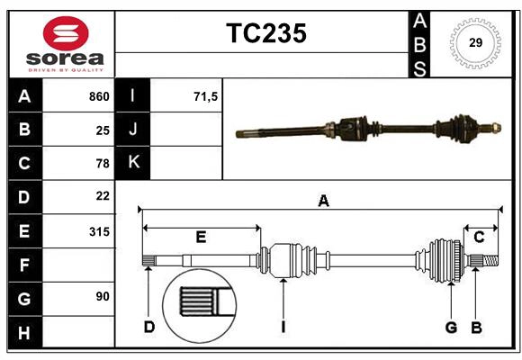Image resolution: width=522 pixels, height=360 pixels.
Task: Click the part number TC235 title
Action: coord(265,33)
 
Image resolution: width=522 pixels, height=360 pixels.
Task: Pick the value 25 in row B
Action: coord(103,130)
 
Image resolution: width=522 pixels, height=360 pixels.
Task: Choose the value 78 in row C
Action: coord(103,163)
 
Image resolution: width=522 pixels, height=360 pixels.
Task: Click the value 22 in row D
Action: coord(103,196)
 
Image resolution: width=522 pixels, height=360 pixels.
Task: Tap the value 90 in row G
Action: coord(103,296)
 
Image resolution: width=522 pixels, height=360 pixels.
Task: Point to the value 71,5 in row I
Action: coord(206,96)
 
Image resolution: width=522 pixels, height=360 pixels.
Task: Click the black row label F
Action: coord(24,265)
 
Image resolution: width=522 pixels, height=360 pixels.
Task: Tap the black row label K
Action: coord(133,163)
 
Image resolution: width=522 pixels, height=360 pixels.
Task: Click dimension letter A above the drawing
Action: coord(323,202)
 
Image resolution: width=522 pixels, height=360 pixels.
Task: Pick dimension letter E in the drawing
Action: coord(201,237)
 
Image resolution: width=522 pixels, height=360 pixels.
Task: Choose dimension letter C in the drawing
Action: coord(479,237)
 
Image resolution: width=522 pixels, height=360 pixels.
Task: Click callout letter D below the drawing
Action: coord(148,327)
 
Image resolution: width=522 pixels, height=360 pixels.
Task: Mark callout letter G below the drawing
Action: coord(451,327)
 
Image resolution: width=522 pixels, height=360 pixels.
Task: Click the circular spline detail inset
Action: coord(199,302)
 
